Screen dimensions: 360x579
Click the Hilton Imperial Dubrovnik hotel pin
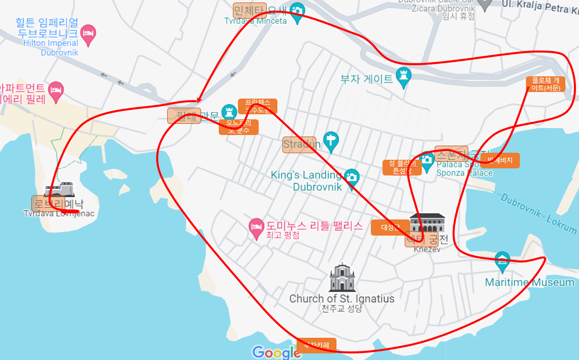(88, 34)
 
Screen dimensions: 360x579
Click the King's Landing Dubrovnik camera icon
(352, 177)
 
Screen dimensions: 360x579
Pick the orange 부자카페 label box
(316, 346)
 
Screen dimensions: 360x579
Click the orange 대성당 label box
(390, 228)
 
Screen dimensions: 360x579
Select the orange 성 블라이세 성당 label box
(402, 167)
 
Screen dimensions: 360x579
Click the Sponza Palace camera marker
(427, 161)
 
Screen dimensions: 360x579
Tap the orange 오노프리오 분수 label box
(238, 126)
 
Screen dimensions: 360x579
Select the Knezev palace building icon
(427, 222)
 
